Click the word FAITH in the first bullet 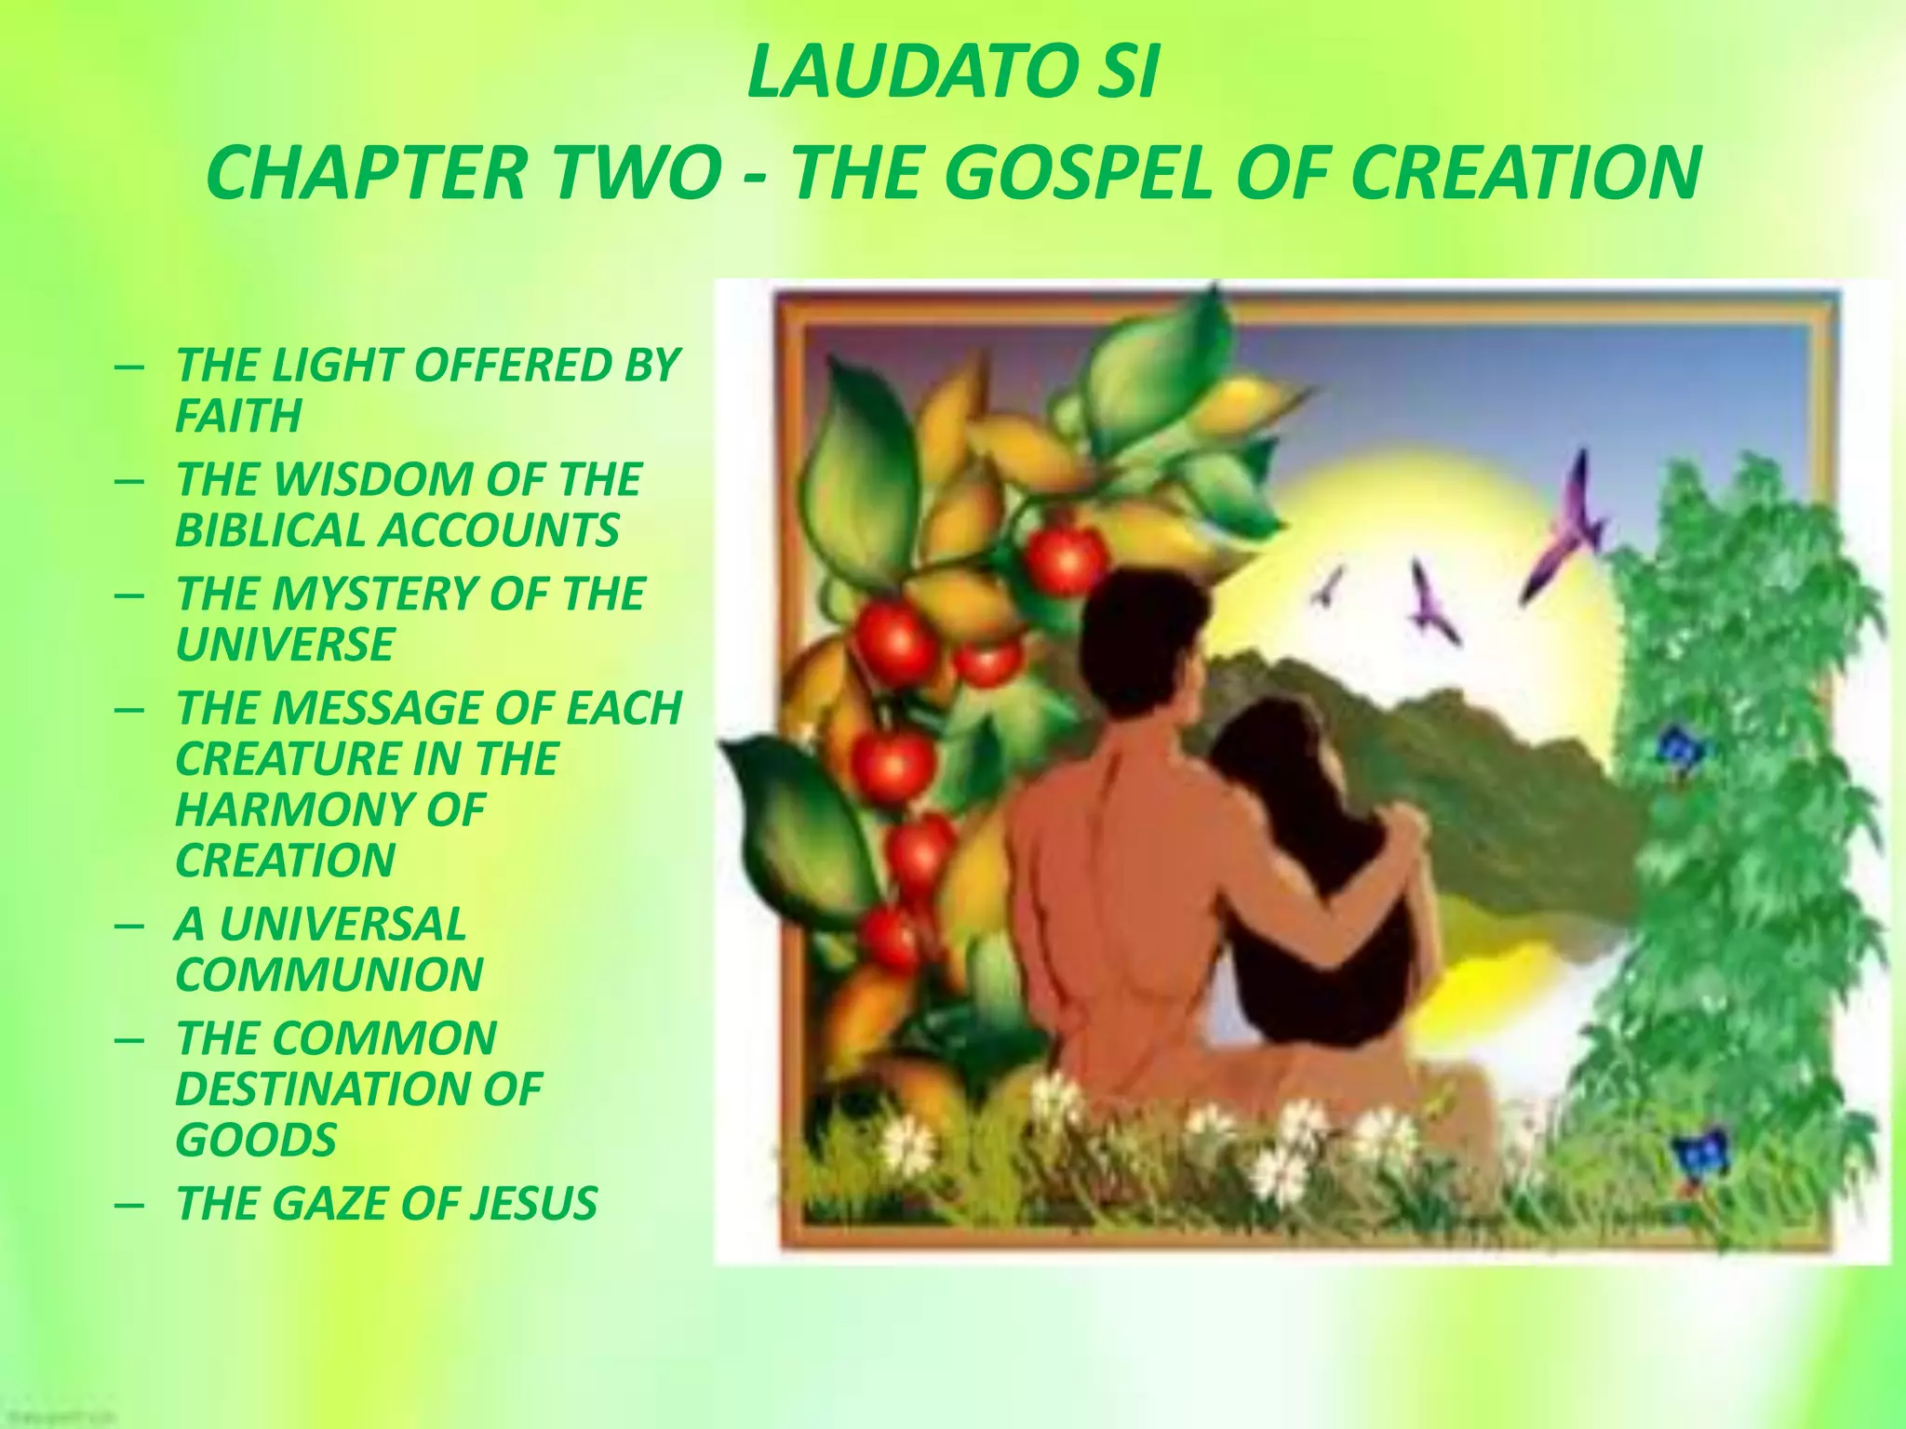click(238, 415)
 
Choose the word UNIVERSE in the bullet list click(285, 644)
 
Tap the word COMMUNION click(329, 975)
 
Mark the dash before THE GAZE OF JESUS click(129, 1205)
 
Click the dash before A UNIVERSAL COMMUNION click(129, 927)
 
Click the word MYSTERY click(371, 594)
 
